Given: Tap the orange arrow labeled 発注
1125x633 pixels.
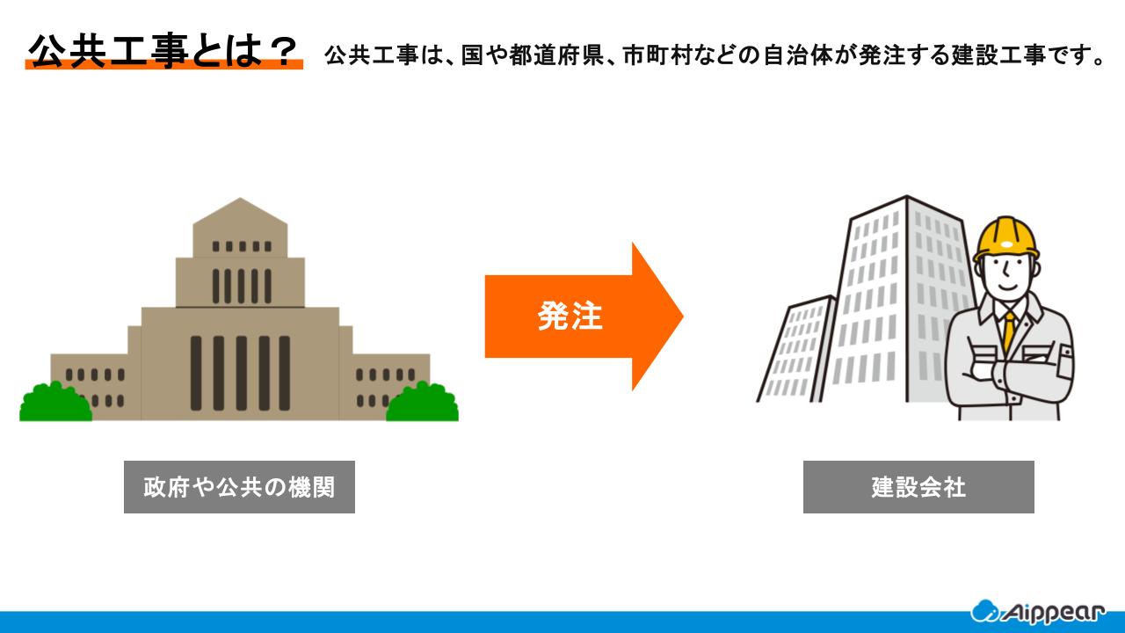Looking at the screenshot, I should [580, 316].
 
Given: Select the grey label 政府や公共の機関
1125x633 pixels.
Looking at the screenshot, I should [239, 487].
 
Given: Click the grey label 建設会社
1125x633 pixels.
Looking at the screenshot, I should [918, 487].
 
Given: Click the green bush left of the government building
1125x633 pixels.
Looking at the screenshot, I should [54, 404].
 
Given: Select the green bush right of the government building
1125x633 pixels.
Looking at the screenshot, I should [423, 404].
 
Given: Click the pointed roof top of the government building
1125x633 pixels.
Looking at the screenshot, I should [240, 207].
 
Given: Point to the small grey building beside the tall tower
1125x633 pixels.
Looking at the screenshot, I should [795, 352].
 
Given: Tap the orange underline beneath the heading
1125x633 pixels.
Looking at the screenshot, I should [163, 66].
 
